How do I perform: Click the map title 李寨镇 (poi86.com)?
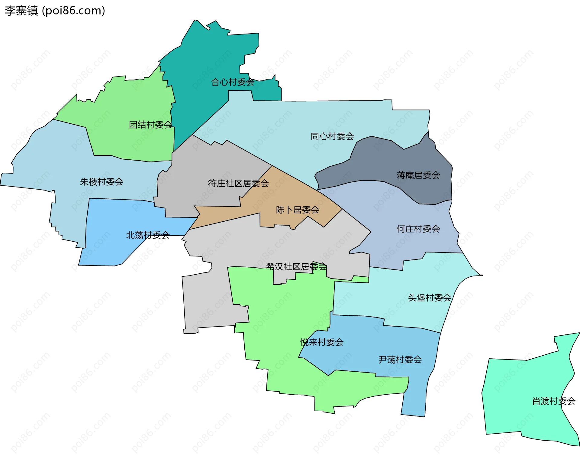[55, 11]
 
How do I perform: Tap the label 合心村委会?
[232, 82]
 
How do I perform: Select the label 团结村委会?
[150, 125]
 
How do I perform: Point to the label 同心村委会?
[332, 136]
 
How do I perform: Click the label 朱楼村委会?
[101, 182]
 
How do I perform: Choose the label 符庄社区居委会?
[238, 183]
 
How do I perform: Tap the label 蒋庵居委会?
[418, 175]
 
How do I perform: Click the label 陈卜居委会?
[298, 210]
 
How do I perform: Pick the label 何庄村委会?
[418, 229]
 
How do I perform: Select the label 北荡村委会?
[148, 235]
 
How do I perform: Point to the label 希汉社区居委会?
[296, 266]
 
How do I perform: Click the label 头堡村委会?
[430, 298]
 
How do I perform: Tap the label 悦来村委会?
[322, 342]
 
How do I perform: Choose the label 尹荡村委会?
[400, 360]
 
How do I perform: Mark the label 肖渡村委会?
[553, 401]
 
